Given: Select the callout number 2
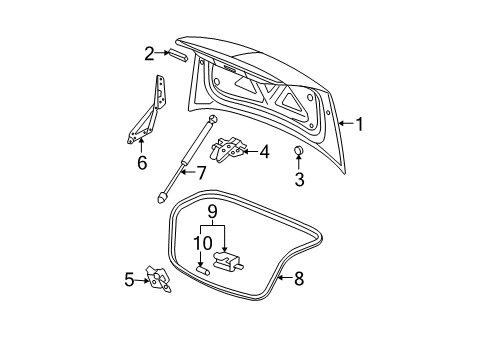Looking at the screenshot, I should [149, 53].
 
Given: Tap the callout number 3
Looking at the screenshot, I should [298, 179].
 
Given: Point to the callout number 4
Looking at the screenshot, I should [264, 152].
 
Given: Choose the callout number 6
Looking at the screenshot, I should [142, 161].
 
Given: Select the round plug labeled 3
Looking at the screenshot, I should [297, 152].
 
